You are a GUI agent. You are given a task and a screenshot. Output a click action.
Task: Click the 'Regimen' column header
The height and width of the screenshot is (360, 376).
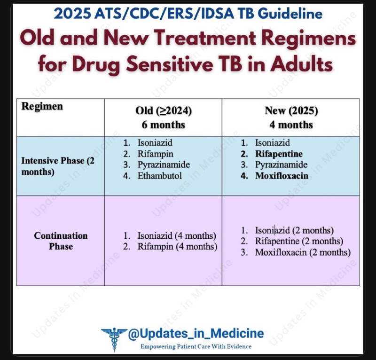point(42,106)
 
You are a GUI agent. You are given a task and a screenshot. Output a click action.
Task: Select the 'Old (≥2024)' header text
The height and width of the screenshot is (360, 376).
point(164,110)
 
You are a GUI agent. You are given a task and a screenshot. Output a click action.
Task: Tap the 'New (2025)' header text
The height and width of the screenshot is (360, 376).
point(291,110)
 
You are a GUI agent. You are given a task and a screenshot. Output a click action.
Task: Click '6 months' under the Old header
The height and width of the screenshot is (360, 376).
point(163,125)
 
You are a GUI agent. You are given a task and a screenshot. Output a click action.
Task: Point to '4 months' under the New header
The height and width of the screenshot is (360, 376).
point(291,125)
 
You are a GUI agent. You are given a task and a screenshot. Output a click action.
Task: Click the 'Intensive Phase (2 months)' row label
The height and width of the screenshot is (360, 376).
point(58,166)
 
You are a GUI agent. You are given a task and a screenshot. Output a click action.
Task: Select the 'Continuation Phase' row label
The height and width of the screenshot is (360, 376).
point(61,241)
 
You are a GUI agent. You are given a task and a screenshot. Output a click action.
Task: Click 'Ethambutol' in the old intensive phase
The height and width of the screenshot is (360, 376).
point(159,176)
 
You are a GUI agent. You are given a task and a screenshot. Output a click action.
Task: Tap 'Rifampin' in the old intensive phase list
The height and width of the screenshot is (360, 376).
point(156,154)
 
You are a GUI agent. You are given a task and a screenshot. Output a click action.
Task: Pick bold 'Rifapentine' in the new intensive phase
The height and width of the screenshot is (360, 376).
point(279,154)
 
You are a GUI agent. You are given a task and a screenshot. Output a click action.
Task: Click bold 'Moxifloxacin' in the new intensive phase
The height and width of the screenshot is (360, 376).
point(282,176)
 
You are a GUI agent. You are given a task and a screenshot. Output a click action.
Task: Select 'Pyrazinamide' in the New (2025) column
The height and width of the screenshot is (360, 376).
point(281,165)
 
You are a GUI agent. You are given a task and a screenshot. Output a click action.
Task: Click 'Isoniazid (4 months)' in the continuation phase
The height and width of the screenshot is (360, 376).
point(177,236)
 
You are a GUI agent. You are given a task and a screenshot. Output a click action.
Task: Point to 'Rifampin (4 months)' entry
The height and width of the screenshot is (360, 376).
point(178,247)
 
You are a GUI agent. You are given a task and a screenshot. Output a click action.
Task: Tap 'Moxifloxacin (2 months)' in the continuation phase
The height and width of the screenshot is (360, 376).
point(303,252)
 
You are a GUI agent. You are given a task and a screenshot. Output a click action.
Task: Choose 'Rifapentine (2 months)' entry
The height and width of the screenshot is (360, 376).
point(299,241)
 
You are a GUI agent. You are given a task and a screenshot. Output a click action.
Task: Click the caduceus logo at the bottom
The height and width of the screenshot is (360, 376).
point(114,339)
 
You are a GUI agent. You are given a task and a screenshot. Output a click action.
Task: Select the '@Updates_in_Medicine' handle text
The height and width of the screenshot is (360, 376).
point(196,333)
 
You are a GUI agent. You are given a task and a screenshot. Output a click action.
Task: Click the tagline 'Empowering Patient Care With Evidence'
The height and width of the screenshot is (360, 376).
point(196,346)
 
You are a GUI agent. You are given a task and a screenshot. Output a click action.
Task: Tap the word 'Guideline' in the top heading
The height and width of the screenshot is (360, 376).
point(291,14)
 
